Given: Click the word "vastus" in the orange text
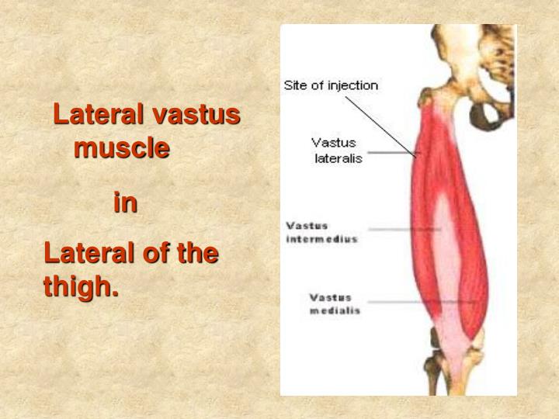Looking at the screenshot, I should click(196, 115).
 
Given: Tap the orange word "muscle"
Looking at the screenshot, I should click(122, 147).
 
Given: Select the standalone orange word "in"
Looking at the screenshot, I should click(125, 203).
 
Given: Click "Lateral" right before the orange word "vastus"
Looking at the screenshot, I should click(99, 115).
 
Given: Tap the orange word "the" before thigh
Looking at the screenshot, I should click(198, 253).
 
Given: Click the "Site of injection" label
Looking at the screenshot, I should click(331, 85).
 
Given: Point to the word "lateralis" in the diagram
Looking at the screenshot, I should click(339, 159).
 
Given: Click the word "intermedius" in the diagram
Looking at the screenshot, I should click(322, 239).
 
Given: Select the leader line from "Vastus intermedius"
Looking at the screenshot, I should click(404, 230).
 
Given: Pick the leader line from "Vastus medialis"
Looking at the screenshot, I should click(411, 301).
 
